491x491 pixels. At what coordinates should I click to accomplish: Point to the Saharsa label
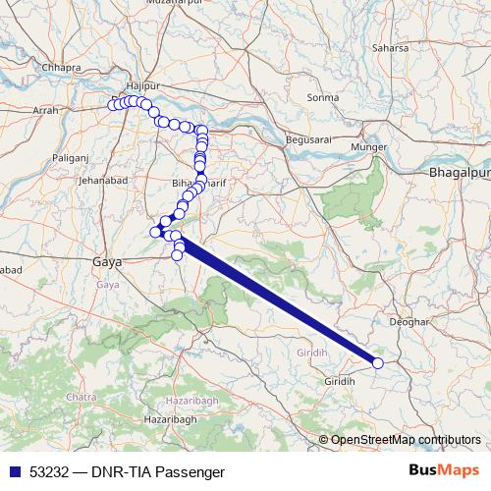click(390, 46)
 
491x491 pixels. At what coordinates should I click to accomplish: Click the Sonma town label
click(322, 98)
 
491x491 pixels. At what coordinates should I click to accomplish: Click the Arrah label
click(46, 112)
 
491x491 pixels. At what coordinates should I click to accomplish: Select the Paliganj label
click(70, 156)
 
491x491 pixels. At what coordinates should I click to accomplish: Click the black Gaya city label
click(105, 263)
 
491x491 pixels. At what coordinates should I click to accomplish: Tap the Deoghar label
click(410, 321)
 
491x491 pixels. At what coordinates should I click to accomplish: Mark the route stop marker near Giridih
click(378, 363)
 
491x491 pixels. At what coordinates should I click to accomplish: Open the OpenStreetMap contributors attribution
click(406, 440)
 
